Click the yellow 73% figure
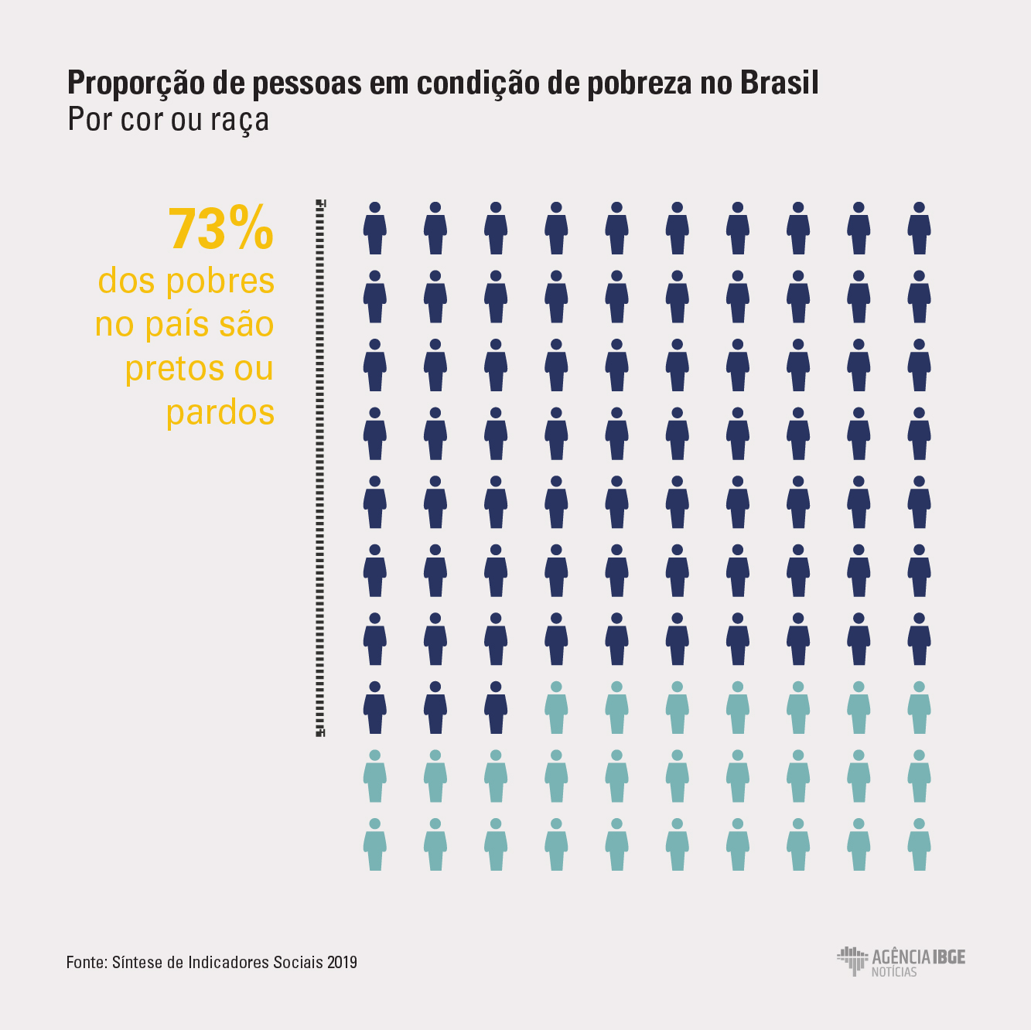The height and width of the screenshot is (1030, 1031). [x=221, y=229]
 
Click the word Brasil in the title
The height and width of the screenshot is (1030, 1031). [x=780, y=83]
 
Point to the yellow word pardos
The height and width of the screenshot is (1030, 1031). [x=220, y=412]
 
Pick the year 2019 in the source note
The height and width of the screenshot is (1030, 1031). [x=342, y=963]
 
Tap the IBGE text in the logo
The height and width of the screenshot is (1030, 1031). [x=949, y=957]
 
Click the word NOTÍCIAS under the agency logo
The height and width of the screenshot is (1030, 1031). [x=894, y=972]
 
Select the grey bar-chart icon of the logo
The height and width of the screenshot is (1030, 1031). [x=852, y=960]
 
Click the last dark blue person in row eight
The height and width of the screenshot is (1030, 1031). [x=496, y=708]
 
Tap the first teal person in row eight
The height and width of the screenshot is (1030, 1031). [x=556, y=708]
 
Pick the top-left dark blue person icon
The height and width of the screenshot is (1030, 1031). [x=375, y=229]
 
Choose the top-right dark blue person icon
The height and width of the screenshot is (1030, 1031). [x=919, y=229]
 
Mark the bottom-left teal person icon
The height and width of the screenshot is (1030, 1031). [x=375, y=845]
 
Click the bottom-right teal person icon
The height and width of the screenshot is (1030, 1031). [x=919, y=845]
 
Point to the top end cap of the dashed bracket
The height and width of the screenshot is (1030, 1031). [x=320, y=203]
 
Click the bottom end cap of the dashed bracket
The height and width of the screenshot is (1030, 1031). [x=320, y=732]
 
